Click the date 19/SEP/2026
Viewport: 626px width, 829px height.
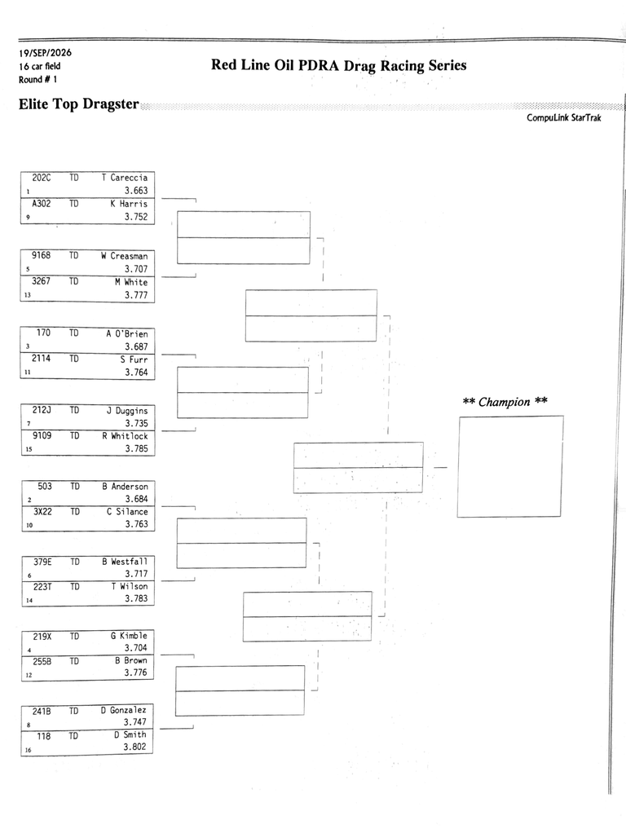pyautogui.click(x=45, y=53)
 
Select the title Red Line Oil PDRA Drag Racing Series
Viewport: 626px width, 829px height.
pyautogui.click(x=339, y=65)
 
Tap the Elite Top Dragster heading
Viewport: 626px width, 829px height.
pyautogui.click(x=79, y=104)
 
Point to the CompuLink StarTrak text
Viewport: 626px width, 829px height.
pyautogui.click(x=563, y=118)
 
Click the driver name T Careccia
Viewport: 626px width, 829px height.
pyautogui.click(x=125, y=178)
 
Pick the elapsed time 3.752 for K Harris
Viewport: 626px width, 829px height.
pyautogui.click(x=136, y=216)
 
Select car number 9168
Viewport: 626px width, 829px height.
pyautogui.click(x=42, y=255)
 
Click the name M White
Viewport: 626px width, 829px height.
pyautogui.click(x=131, y=282)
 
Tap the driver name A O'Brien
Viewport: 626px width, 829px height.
pyautogui.click(x=127, y=333)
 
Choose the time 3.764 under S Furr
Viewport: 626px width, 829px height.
pyautogui.click(x=136, y=373)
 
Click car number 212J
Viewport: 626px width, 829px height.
pyautogui.click(x=42, y=410)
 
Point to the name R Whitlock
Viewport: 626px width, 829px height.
pyautogui.click(x=126, y=436)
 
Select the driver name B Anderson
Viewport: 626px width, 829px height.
pyautogui.click(x=126, y=487)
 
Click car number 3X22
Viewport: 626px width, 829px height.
pyautogui.click(x=43, y=512)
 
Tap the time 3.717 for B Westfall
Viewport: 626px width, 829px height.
pyautogui.click(x=136, y=574)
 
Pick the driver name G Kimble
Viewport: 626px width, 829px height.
pyautogui.click(x=129, y=636)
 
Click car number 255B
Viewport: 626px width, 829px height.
pyautogui.click(x=42, y=661)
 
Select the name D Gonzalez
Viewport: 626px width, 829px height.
pyautogui.click(x=124, y=710)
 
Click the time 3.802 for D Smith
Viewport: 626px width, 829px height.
pyautogui.click(x=134, y=747)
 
